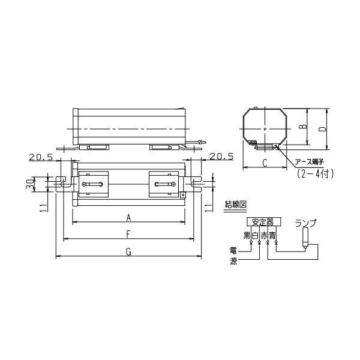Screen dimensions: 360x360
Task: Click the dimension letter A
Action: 128,217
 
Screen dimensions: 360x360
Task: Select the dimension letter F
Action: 128,235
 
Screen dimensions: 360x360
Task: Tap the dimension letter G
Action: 128,252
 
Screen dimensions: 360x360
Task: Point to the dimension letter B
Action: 304,127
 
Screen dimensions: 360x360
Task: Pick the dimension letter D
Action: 323,129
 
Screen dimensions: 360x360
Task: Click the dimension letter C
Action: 265,163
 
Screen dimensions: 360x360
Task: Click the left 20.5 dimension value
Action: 41,157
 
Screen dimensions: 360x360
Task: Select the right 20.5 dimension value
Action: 221,157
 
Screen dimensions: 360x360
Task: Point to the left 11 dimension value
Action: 44,208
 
